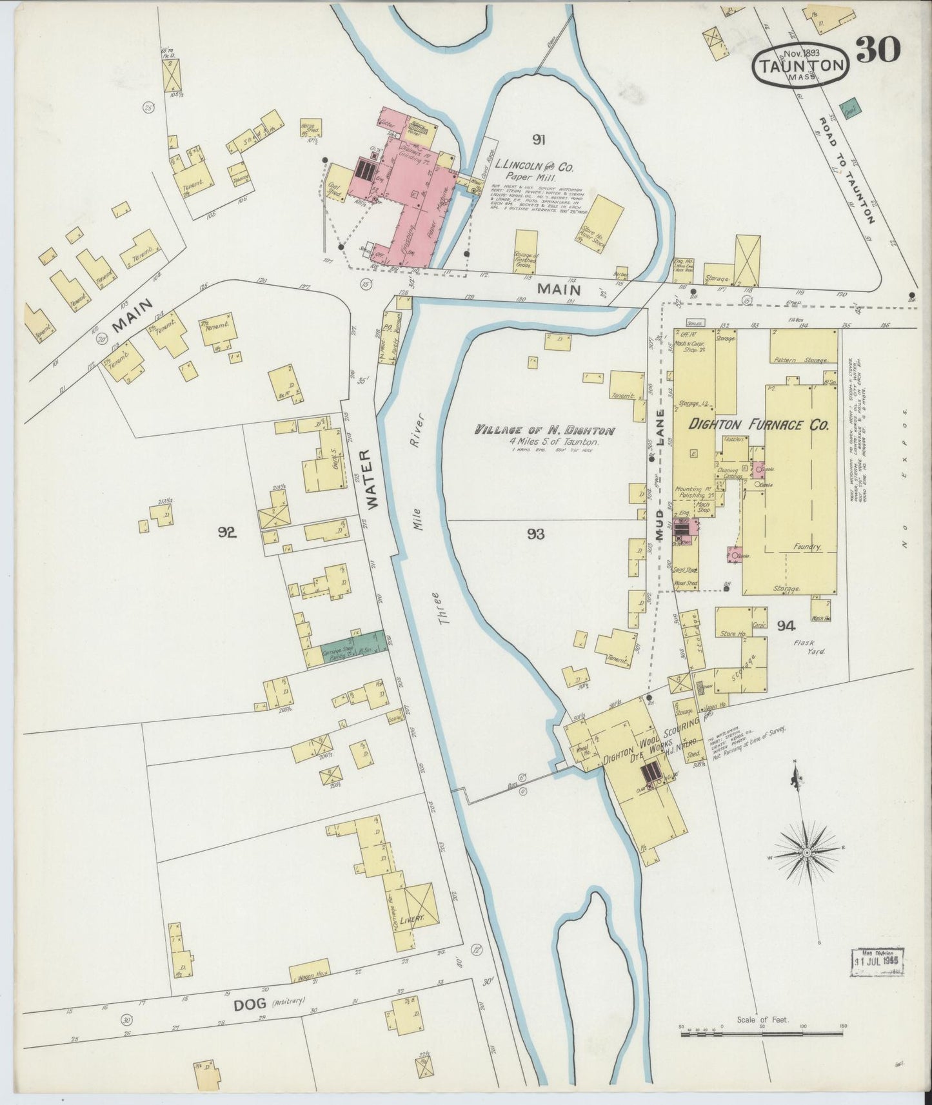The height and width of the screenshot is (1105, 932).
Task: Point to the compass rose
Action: tap(806, 852)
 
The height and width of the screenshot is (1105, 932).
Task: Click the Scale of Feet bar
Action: tap(761, 1033)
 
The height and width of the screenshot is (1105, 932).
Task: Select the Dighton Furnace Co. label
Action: tap(758, 425)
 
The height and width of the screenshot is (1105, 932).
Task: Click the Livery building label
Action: tap(410, 919)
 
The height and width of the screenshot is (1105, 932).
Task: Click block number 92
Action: tap(227, 533)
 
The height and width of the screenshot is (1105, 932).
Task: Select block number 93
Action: tap(535, 534)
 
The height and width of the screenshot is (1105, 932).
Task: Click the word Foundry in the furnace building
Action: tap(807, 547)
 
